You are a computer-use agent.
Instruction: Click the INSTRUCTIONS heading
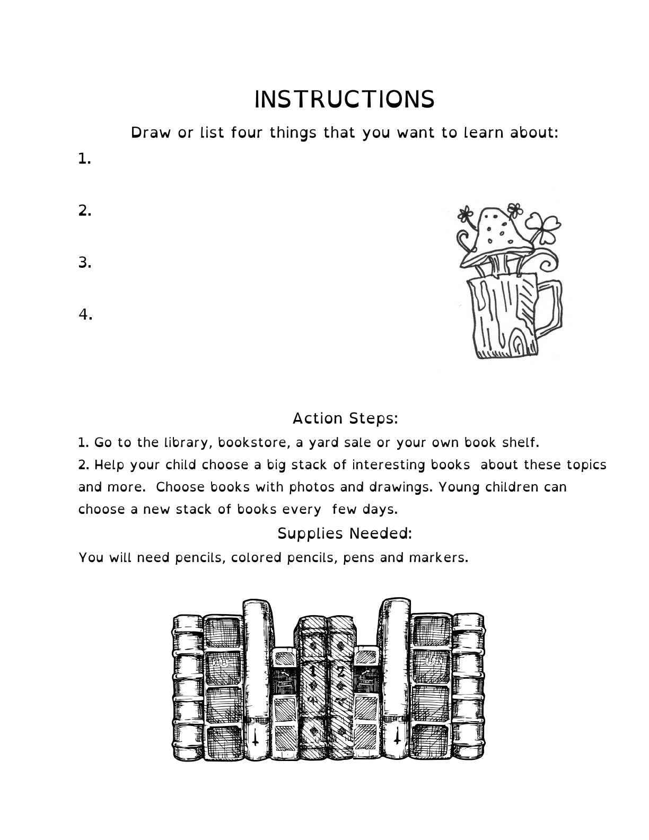pos(344,100)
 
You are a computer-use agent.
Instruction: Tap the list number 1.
pos(84,159)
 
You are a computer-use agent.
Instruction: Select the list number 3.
pos(85,262)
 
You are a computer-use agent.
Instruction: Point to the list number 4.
pos(85,314)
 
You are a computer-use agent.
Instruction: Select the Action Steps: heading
pos(345,418)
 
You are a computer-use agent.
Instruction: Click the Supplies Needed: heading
pos(345,533)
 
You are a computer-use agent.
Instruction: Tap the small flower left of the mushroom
pos(466,215)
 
